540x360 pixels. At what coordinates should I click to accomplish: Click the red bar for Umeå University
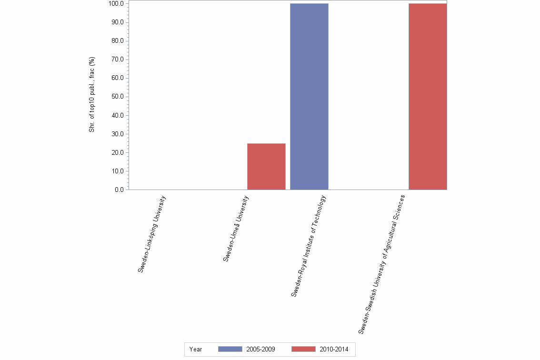coord(266,166)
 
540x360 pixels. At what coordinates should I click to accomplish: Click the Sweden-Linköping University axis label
coord(152,234)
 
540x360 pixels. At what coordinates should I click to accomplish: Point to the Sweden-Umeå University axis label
coord(236,229)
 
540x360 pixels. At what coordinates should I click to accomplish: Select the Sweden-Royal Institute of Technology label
coord(309,246)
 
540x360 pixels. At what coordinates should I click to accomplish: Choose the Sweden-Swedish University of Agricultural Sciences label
coord(381,263)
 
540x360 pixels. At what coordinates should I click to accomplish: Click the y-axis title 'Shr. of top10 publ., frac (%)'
coord(92,94)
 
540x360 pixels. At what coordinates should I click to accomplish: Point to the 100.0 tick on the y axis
coord(116,4)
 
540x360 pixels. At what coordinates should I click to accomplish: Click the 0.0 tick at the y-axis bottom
coord(119,190)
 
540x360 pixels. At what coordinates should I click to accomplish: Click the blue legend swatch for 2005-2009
coord(230,349)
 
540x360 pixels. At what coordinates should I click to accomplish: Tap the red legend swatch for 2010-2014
coord(303,349)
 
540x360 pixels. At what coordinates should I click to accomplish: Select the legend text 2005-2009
coord(260,350)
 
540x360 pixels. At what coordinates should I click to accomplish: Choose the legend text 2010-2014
coord(334,350)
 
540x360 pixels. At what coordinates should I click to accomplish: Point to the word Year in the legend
coord(196,350)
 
